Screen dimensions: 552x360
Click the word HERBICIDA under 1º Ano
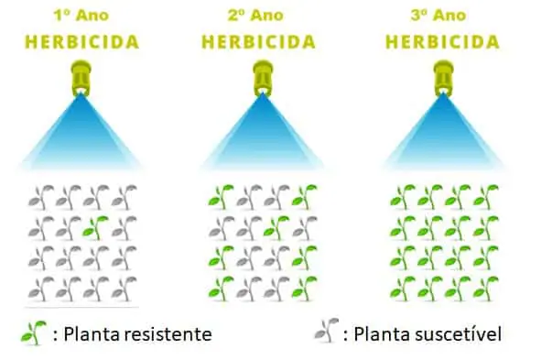coord(81,42)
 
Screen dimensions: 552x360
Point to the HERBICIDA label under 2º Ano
coord(261,42)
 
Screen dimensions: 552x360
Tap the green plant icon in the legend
coord(33,333)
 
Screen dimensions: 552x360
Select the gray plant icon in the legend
coord(322,333)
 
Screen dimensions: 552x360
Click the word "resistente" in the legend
coord(169,334)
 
